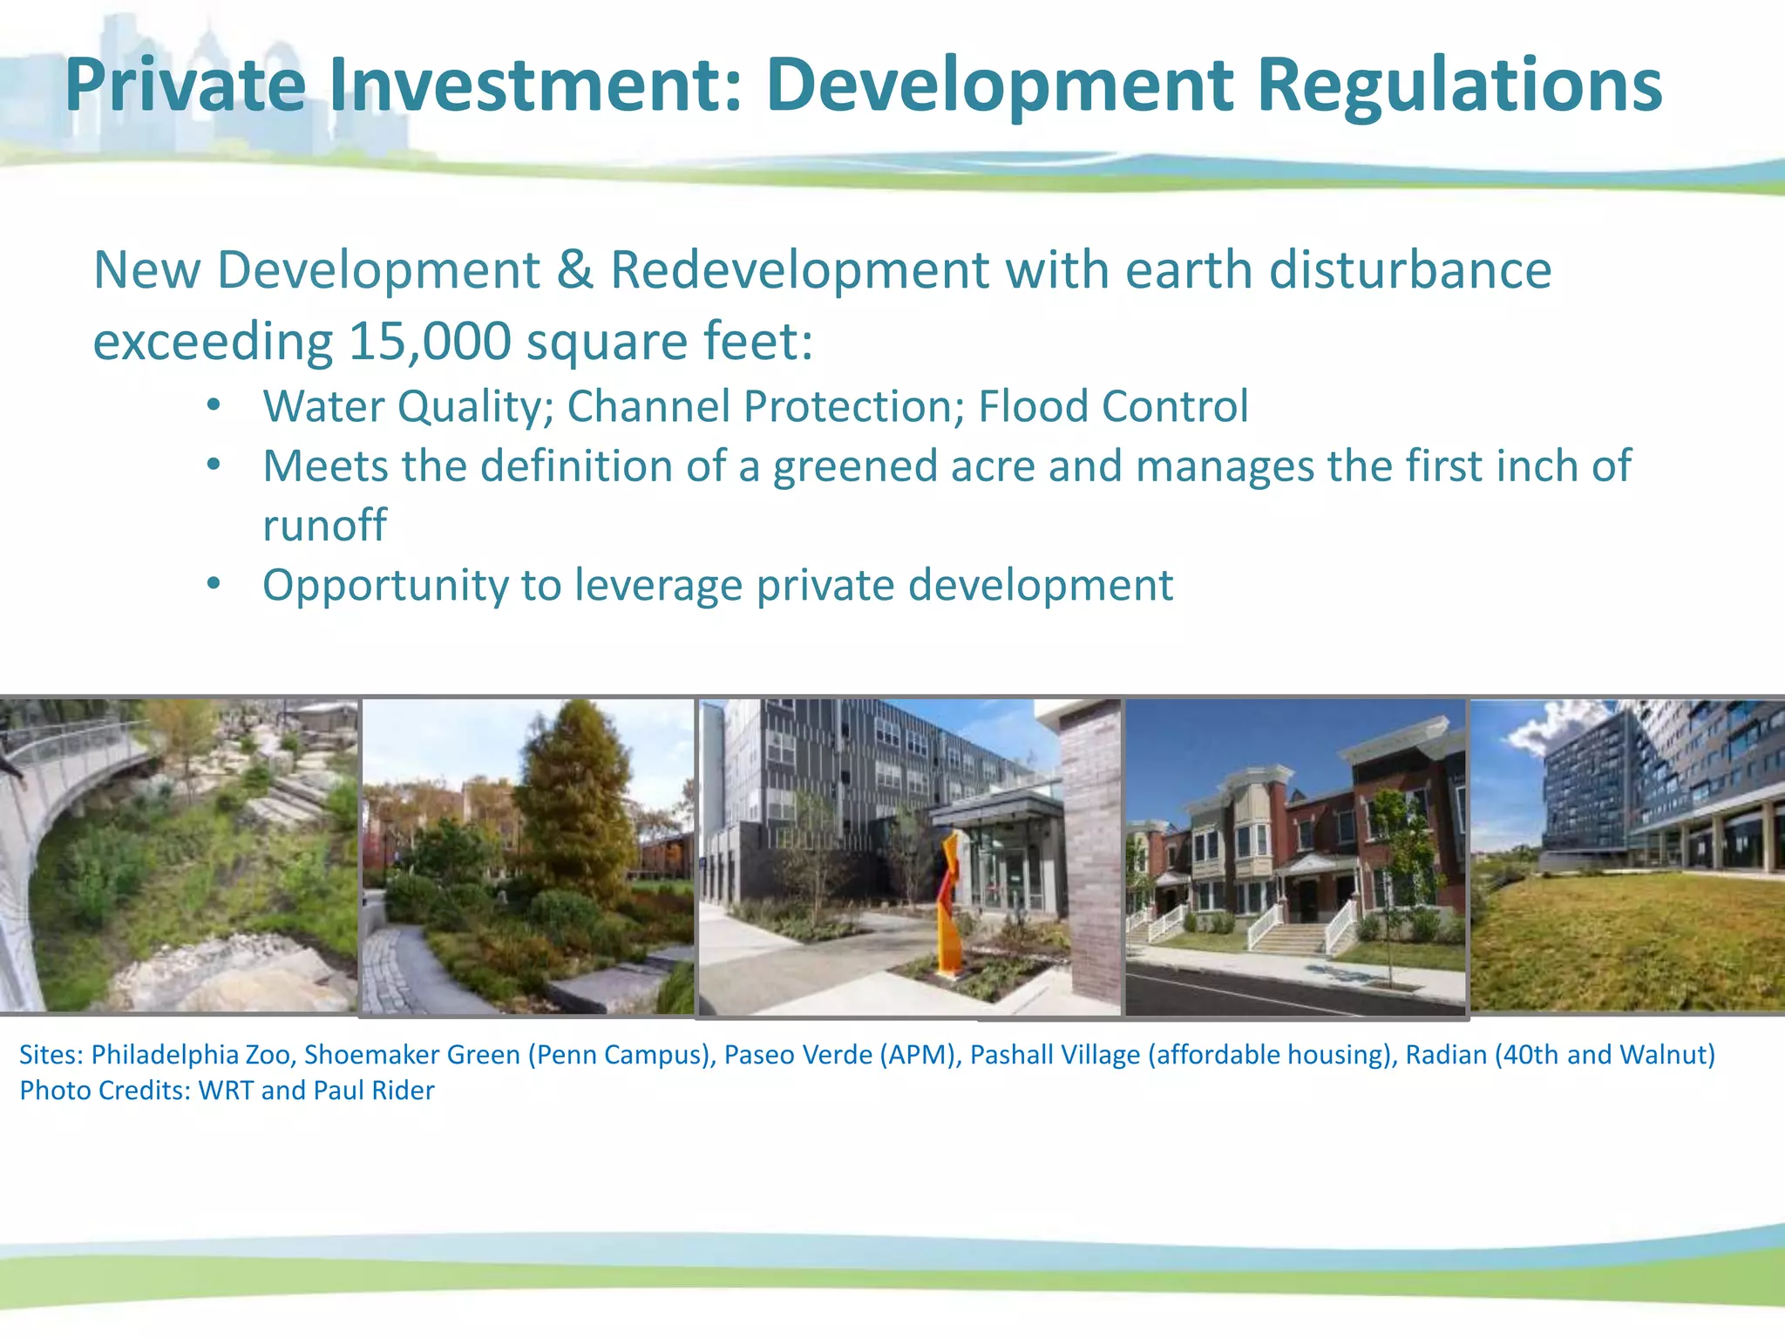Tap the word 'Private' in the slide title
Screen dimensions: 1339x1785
pos(185,85)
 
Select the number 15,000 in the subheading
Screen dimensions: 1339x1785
pos(430,341)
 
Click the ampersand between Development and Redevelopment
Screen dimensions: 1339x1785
pos(574,270)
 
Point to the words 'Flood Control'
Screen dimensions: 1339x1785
pos(1113,406)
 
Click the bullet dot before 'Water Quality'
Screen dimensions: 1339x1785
pos(214,405)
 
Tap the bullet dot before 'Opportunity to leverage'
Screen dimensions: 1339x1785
pos(214,584)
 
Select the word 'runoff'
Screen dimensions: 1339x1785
pos(324,525)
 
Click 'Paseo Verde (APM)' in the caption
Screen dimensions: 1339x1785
pos(840,1055)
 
